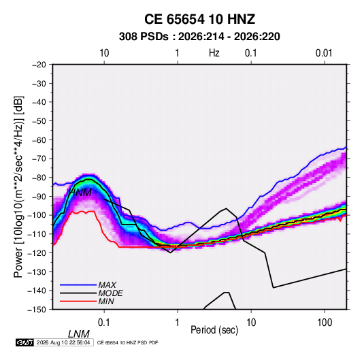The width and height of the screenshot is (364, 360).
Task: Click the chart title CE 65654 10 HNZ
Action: [x=199, y=19]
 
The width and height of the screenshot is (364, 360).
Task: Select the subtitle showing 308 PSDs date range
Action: [x=199, y=37]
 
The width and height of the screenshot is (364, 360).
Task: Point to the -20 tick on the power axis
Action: [x=39, y=65]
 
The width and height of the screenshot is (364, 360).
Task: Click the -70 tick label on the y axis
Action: [x=39, y=159]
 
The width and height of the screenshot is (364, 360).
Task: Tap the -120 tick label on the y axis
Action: [x=37, y=252]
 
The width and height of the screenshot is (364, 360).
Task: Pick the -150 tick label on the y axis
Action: [x=37, y=310]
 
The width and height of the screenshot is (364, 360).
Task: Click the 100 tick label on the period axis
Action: [x=325, y=323]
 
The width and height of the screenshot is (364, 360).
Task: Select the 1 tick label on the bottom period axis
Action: [x=178, y=323]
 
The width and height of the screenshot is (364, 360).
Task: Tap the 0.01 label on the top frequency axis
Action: [x=324, y=53]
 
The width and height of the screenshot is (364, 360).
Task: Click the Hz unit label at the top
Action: [x=214, y=53]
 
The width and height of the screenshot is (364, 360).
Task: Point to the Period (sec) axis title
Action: [x=214, y=330]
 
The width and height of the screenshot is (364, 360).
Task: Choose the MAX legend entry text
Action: [x=107, y=284]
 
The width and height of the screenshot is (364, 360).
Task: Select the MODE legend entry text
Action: [x=110, y=293]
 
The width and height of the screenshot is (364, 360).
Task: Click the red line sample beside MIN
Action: [x=78, y=301]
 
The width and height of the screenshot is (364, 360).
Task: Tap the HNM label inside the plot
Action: [x=80, y=193]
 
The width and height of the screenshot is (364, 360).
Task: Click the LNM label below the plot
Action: [x=79, y=334]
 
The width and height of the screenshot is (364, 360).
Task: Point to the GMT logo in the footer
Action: [x=25, y=342]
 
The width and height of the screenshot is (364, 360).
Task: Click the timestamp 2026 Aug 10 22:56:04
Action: [x=63, y=342]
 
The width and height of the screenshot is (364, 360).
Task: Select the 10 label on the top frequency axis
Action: [x=104, y=53]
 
